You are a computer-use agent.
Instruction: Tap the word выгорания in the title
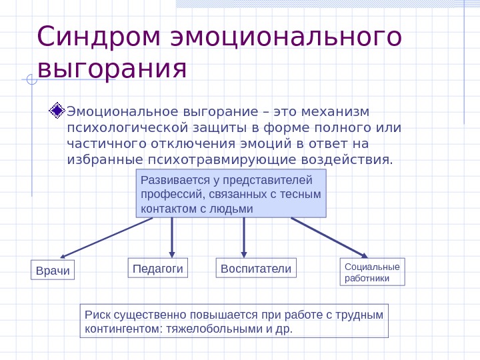click(x=112, y=68)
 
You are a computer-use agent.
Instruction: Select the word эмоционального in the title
click(x=287, y=37)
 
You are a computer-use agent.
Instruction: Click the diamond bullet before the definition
click(x=57, y=110)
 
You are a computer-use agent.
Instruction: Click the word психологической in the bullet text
click(x=125, y=127)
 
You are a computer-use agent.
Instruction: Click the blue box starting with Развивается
click(x=231, y=193)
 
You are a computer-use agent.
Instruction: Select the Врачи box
click(x=53, y=271)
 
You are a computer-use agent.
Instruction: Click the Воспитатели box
click(x=256, y=268)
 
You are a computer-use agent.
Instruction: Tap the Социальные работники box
click(x=372, y=272)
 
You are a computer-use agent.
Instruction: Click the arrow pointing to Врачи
click(x=107, y=238)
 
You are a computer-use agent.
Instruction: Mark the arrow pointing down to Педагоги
click(x=172, y=237)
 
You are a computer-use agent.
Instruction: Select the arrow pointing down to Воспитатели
click(x=244, y=237)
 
